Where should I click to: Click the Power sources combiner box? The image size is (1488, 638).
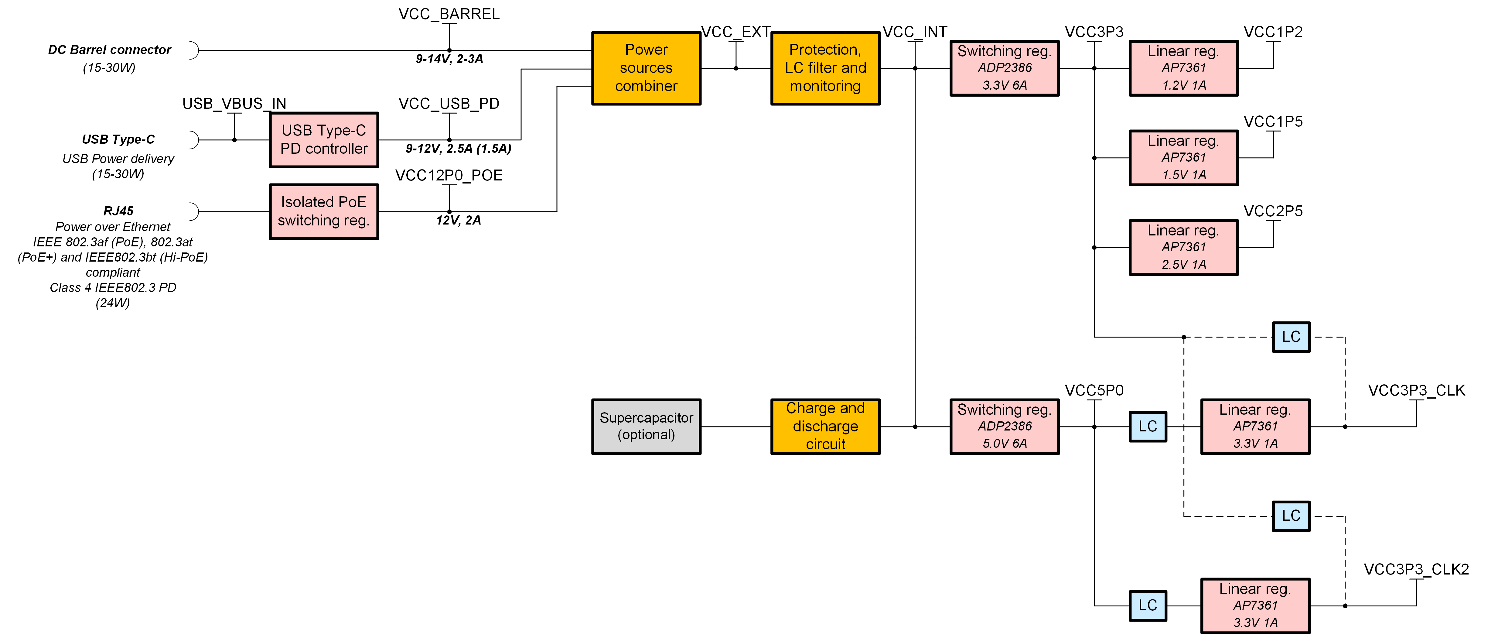click(x=646, y=68)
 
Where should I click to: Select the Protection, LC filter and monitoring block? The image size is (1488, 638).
click(x=825, y=68)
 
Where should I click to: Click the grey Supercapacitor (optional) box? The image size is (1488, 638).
click(x=646, y=427)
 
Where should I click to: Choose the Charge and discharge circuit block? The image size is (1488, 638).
click(x=825, y=427)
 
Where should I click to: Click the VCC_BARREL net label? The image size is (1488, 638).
click(x=449, y=14)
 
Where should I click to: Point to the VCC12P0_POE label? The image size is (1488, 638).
click(x=449, y=175)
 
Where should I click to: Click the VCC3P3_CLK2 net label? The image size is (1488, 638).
click(x=1416, y=569)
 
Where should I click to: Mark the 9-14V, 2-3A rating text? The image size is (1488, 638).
click(x=449, y=59)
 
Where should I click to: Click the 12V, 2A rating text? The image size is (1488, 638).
click(x=458, y=220)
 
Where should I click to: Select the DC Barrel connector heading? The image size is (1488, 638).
click(x=109, y=50)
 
